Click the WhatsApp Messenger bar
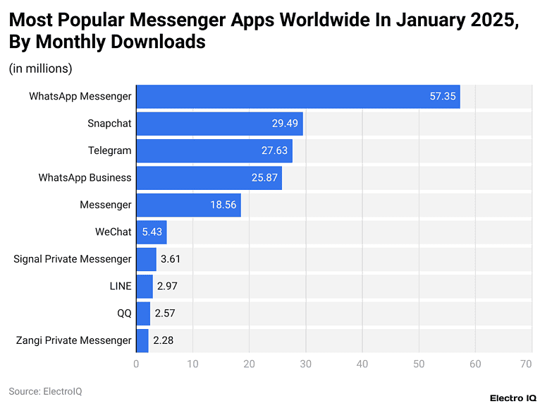[297, 97]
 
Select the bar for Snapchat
[219, 124]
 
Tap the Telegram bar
[214, 150]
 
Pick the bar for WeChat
[151, 232]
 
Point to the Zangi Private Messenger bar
[142, 340]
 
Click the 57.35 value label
[443, 97]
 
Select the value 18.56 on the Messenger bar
[223, 205]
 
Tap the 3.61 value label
[171, 259]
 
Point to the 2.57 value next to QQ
[165, 314]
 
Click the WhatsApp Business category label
[85, 178]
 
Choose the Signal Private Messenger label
[73, 259]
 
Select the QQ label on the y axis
[124, 314]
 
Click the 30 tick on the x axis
[306, 364]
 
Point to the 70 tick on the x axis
[526, 364]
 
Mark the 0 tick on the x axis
[136, 364]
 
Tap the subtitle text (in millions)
[40, 68]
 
